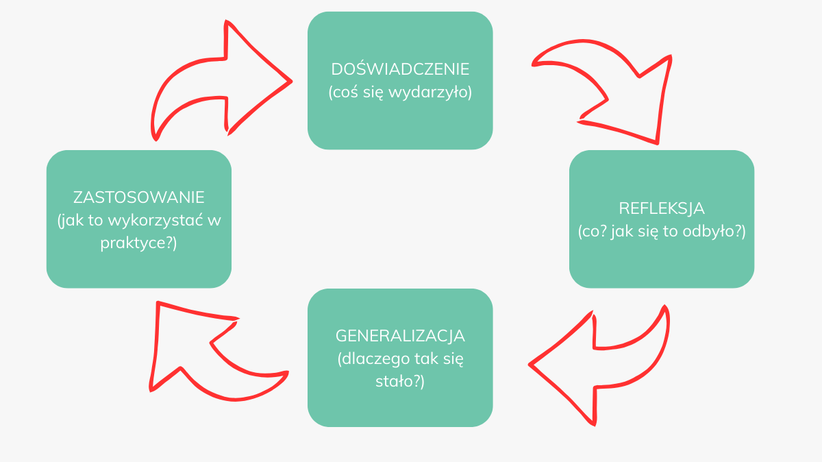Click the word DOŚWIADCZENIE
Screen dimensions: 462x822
tap(400, 69)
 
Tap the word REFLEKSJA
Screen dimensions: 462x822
tap(662, 208)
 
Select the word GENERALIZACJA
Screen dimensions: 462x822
tap(400, 336)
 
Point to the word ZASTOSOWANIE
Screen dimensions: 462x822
tap(139, 197)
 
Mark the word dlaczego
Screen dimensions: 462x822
tap(373, 359)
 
